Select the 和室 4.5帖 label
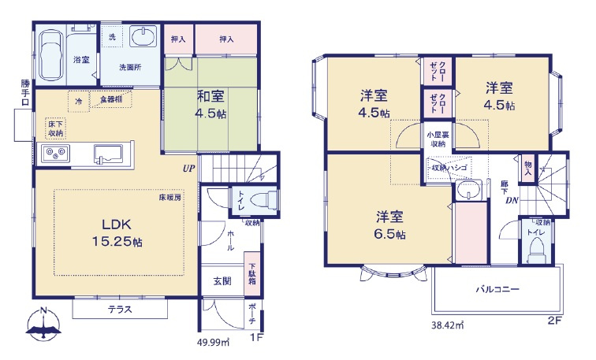pos(210,103)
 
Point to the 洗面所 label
pos(130,67)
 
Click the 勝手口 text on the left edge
pos(24,92)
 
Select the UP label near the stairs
pos(189,168)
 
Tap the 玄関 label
pos(222,281)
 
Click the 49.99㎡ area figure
pos(212,342)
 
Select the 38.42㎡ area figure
pos(447,323)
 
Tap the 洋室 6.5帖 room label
pos(390,225)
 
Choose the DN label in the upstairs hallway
pos(512,199)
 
